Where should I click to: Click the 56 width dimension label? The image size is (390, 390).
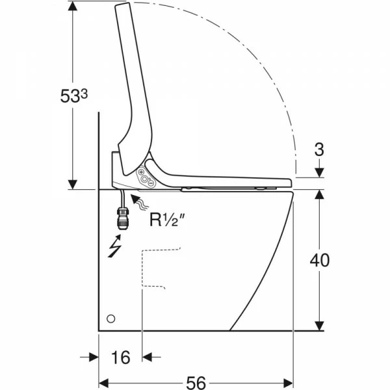point(196,383)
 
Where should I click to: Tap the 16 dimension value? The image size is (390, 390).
point(121,357)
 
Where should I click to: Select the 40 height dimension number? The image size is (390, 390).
point(320,261)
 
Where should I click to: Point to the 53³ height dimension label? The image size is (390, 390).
point(74,96)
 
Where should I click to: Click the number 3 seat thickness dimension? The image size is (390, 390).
point(319,149)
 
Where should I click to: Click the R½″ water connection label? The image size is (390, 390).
point(168,220)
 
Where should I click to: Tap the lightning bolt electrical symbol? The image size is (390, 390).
point(114,246)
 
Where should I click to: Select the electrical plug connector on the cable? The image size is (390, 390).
point(122,219)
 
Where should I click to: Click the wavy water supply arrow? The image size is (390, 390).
point(140,202)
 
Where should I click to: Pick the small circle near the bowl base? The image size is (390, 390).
point(111,318)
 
